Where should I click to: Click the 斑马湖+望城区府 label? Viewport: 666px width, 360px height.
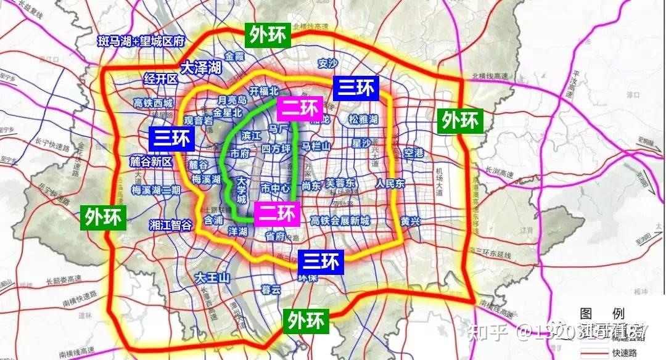coord(142,42)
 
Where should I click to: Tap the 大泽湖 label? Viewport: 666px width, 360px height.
coord(200,68)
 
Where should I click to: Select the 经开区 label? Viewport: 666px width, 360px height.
coord(160,79)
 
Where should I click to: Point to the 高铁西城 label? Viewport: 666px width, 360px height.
coord(154,103)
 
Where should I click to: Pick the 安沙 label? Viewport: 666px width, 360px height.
coord(328,63)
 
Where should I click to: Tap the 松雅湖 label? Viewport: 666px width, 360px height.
coord(363,120)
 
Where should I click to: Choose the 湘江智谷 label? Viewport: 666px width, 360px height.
coord(171,225)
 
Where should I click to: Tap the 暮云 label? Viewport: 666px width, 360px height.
coord(271,290)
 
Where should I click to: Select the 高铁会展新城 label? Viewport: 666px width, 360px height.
coord(340,221)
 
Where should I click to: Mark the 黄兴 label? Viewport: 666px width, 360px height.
coord(410,221)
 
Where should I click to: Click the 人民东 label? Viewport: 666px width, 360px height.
coord(390,184)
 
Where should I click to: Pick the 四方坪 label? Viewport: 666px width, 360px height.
coord(275,149)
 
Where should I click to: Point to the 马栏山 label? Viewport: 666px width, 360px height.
coord(316,146)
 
